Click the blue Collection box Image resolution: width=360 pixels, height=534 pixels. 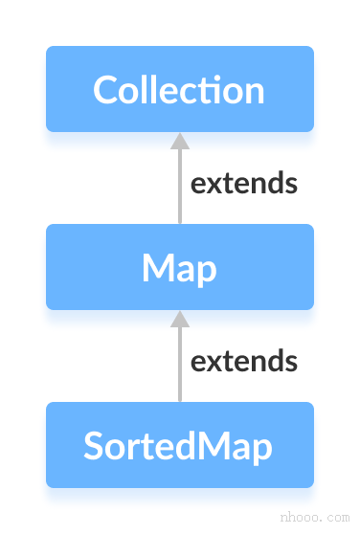(x=180, y=88)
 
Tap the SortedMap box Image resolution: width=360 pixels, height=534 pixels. (x=180, y=445)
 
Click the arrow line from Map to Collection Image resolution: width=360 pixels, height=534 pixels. (x=179, y=187)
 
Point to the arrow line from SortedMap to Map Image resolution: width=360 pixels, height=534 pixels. (x=179, y=364)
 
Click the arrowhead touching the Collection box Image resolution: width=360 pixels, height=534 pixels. (x=179, y=141)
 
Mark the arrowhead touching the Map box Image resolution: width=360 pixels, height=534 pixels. (x=179, y=319)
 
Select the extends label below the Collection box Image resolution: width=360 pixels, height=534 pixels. (x=244, y=183)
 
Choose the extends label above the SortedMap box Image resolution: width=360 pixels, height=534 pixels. (x=244, y=361)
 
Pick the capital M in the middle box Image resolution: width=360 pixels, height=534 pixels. (x=159, y=269)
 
